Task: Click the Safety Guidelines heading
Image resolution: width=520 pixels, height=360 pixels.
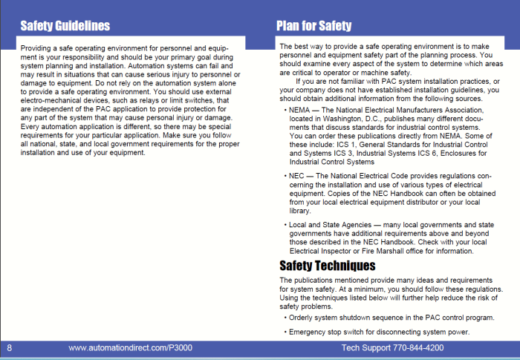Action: tap(65, 26)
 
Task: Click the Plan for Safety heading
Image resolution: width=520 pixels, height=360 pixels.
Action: tap(313, 26)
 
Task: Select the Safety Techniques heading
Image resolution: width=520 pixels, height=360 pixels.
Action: tap(327, 265)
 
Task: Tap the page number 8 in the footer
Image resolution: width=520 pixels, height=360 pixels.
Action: tap(10, 347)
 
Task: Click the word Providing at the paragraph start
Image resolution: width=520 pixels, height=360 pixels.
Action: tap(37, 48)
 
